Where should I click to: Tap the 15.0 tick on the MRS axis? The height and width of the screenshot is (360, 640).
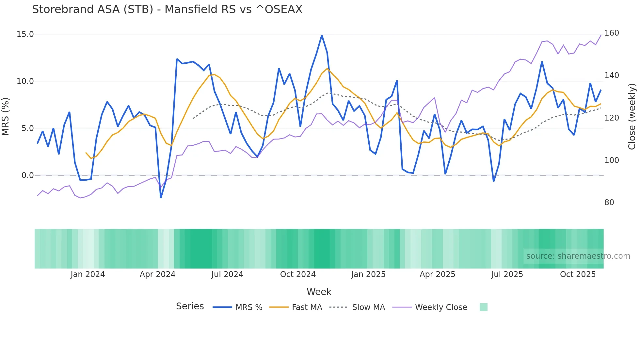pos(25,34)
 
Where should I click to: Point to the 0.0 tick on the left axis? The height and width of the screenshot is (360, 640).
pos(28,175)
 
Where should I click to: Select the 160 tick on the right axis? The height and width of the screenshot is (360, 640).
pos(612,33)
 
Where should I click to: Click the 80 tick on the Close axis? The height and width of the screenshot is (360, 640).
pos(609,203)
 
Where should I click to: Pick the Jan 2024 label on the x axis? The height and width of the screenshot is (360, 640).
pos(88,274)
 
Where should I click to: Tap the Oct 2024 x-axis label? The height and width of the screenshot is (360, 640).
pos(298,274)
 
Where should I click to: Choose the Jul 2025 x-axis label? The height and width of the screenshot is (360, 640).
pos(507,274)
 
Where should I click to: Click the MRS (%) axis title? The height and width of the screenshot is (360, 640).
pos(6,117)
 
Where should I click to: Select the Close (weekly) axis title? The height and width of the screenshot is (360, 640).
pos(632,117)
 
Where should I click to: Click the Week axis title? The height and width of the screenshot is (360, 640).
pos(319,292)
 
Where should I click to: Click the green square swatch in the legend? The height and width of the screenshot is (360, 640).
pos(484,307)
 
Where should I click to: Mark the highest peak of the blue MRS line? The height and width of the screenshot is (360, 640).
pos(322,35)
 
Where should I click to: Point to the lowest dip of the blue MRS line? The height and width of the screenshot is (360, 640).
pos(161,197)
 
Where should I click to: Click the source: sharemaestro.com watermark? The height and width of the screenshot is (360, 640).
pos(578,256)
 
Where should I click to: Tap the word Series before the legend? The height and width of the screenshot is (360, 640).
pos(190,306)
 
